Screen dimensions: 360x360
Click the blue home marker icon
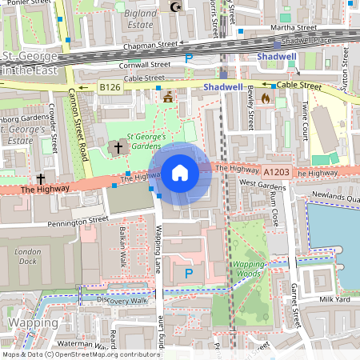pyautogui.click(x=180, y=172)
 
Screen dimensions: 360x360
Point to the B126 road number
pyautogui.click(x=110, y=86)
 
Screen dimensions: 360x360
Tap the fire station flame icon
pyautogui.click(x=266, y=98)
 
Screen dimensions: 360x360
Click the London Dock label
pyautogui.click(x=28, y=256)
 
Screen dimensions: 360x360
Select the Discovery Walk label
pyautogui.click(x=122, y=301)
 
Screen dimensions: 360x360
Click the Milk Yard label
pyautogui.click(x=334, y=299)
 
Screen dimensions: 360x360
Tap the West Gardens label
pyautogui.click(x=262, y=185)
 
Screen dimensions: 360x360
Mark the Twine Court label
pyautogui.click(x=304, y=119)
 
